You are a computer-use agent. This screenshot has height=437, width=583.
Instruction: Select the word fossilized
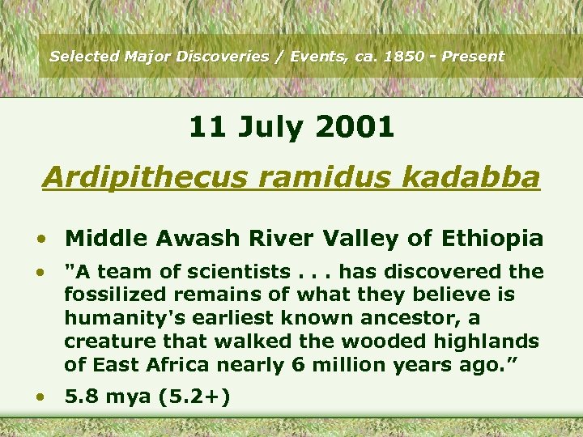(x=114, y=295)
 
